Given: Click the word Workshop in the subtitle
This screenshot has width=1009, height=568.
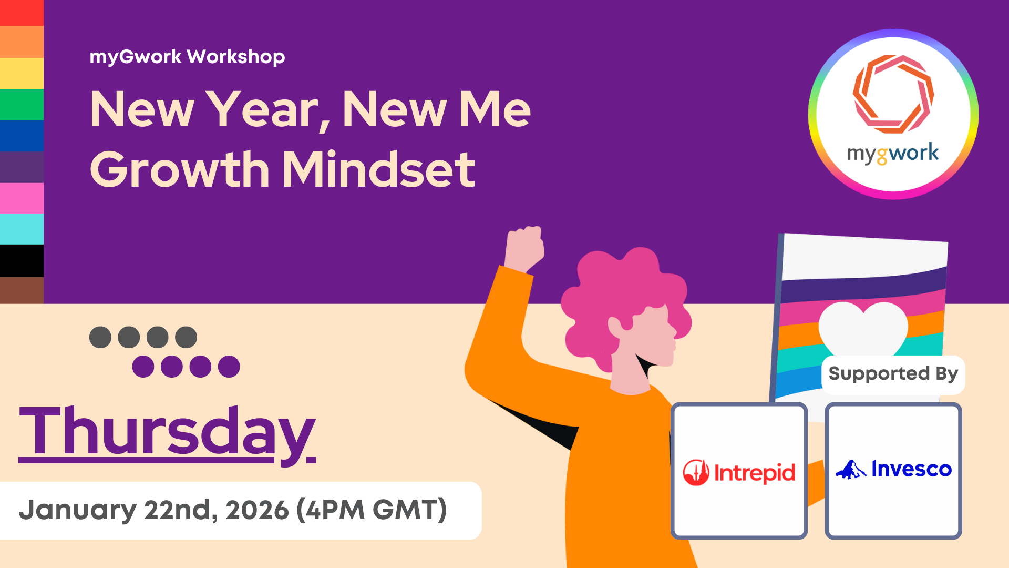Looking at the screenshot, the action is coord(236,57).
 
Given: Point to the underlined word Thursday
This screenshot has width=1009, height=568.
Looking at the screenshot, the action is coord(167,432).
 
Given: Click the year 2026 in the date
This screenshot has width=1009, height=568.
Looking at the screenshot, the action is coord(258,510).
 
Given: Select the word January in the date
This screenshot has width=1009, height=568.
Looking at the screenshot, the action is coord(78,511).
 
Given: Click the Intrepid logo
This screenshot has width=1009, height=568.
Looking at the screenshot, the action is coord(739,472).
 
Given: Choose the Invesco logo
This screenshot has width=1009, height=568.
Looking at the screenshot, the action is coord(893,469).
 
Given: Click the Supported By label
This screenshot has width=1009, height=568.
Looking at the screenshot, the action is coord(893,374).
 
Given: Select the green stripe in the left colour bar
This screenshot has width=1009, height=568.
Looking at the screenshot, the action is coord(22,105).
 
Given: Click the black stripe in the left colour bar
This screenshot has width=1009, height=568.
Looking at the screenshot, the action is coord(22,261).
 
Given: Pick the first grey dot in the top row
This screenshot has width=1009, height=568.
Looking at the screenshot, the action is coord(100,337).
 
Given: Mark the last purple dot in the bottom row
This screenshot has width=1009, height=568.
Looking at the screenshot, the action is coord(229,367).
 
